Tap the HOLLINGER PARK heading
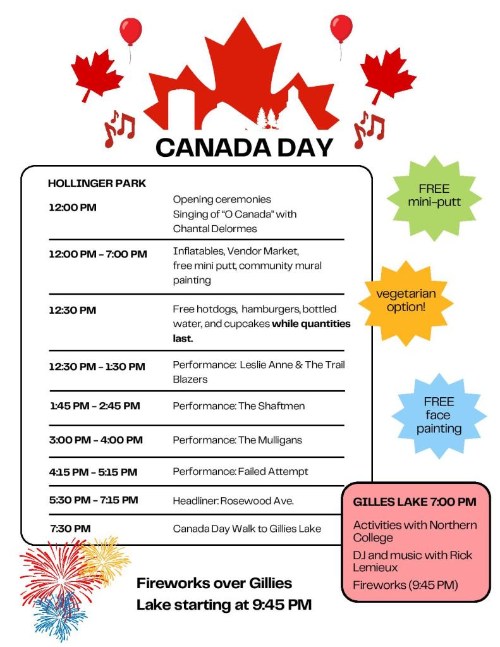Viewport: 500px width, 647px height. click(97, 183)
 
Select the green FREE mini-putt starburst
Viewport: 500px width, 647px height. click(434, 196)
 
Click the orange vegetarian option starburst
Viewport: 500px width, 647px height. click(406, 300)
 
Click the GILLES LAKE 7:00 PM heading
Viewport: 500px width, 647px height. click(414, 502)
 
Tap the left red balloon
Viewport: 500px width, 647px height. click(131, 32)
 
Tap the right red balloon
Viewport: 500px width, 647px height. click(341, 28)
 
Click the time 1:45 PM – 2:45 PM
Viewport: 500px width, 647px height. click(94, 406)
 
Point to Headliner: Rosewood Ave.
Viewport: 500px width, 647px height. click(233, 500)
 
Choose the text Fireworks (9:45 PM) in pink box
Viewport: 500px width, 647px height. click(405, 584)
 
